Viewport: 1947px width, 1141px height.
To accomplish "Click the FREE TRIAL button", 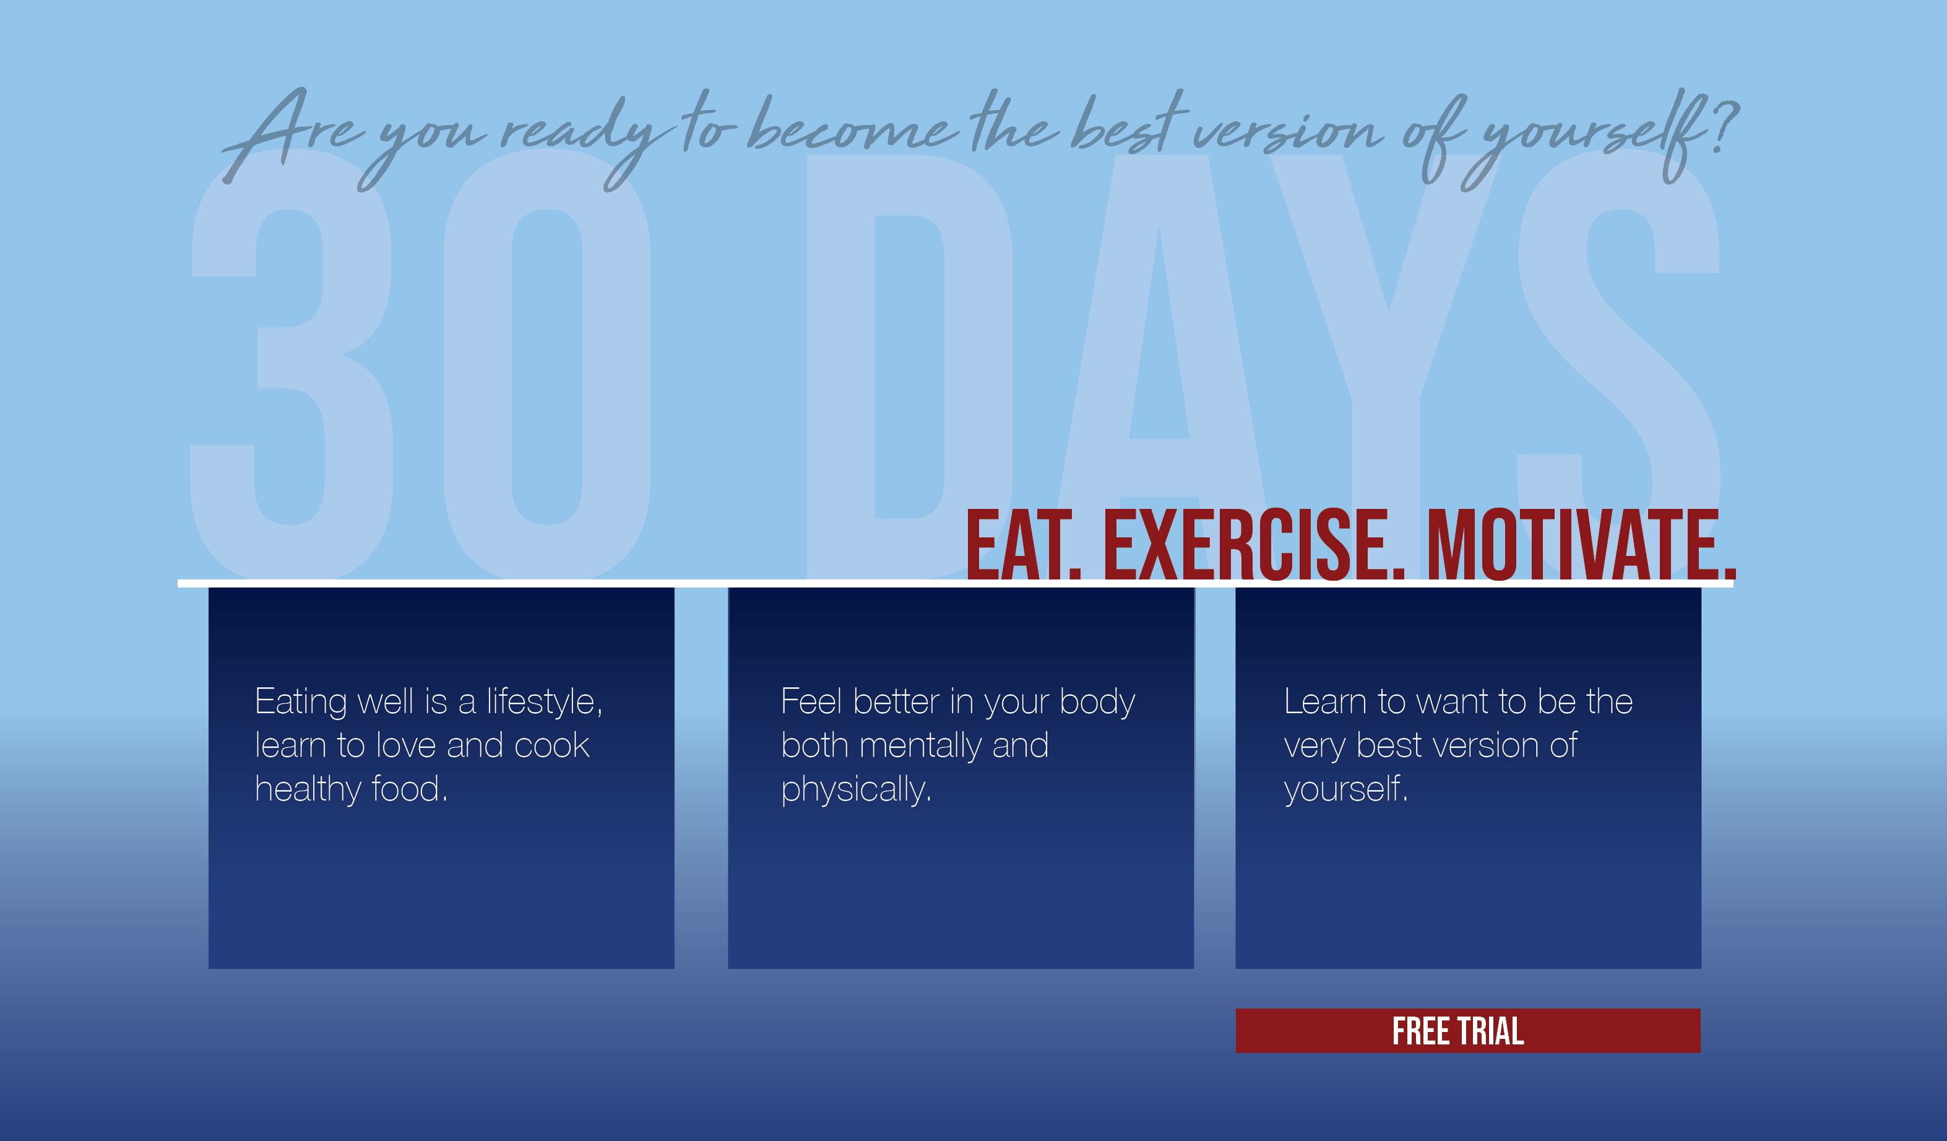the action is pos(1468,1030).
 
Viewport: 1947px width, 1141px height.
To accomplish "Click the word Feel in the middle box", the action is pos(811,702).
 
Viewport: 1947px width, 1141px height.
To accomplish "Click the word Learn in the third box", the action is pos(1325,702).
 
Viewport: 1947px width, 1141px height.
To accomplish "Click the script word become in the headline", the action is pos(852,125).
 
